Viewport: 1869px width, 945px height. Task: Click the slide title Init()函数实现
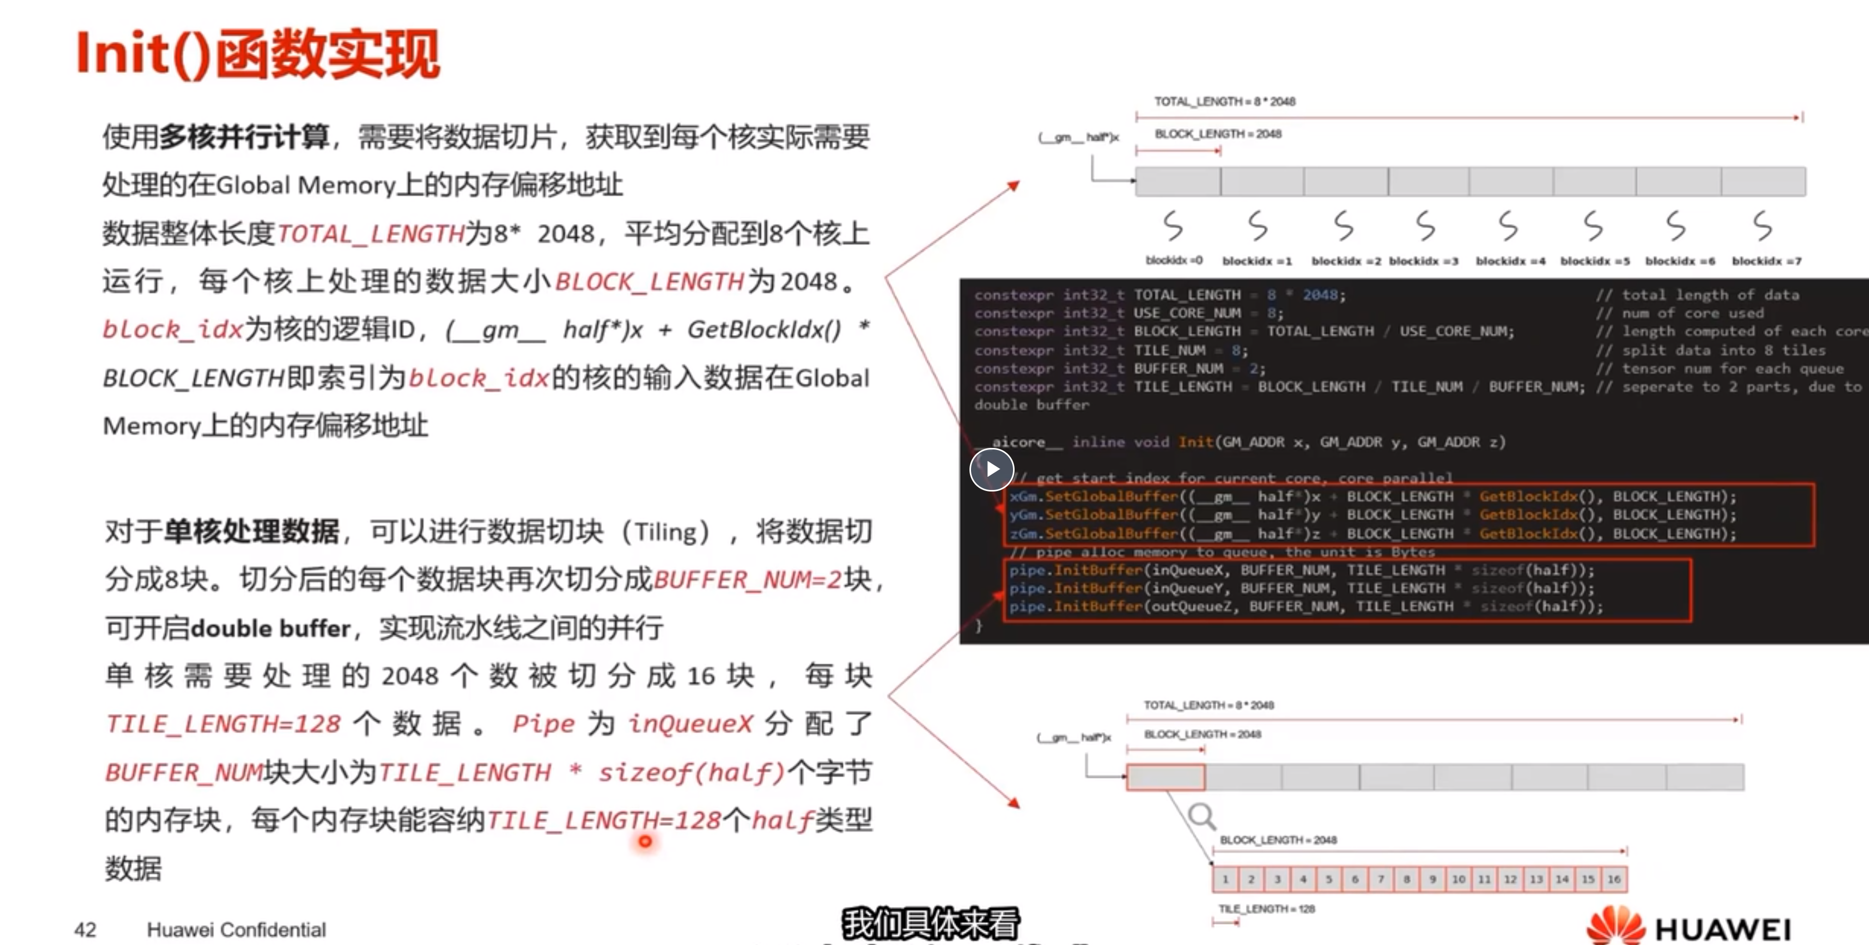pos(257,54)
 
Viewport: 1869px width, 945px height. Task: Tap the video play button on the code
pos(992,469)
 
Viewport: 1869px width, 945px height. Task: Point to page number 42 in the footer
pos(85,929)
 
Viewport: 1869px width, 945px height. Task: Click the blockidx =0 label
pos(1173,260)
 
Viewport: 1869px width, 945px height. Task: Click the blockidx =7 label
pos(1766,260)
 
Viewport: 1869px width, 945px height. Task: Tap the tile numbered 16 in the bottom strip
pos(1614,879)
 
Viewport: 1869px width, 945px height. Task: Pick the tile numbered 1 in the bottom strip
pos(1225,879)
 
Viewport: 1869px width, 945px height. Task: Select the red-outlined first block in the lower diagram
pos(1165,777)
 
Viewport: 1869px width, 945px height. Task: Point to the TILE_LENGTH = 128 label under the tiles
pos(1266,909)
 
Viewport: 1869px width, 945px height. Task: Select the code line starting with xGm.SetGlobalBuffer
pos(1371,497)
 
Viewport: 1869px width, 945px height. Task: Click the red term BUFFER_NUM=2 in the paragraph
pos(747,580)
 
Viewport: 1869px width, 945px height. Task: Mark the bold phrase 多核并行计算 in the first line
pos(244,136)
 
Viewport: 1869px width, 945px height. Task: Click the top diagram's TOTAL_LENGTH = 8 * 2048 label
pos(1225,101)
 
